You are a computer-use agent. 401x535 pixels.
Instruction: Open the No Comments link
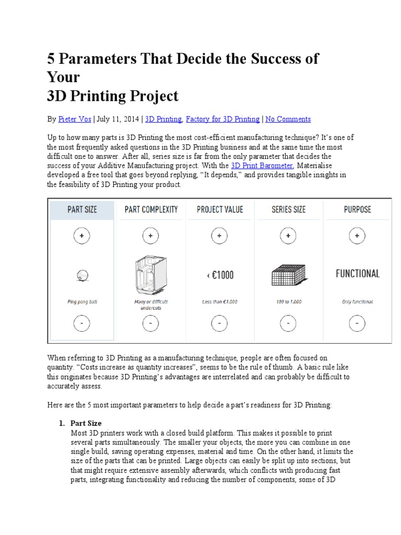pos(288,119)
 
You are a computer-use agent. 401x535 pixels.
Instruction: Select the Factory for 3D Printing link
pos(222,119)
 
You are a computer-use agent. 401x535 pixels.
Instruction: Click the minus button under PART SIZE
pos(82,324)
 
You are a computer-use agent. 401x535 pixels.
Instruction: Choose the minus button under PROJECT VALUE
pos(219,324)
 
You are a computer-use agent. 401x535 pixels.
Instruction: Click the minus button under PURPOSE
pos(357,324)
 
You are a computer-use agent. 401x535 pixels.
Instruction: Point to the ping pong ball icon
pos(82,273)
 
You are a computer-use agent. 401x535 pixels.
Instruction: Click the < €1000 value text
pos(219,274)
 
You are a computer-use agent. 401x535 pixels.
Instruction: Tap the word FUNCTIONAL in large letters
pos(357,273)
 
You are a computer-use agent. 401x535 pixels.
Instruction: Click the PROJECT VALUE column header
pos(219,210)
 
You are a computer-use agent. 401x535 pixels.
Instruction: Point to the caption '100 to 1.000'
pos(288,302)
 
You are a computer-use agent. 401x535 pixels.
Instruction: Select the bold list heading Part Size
pos(86,423)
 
